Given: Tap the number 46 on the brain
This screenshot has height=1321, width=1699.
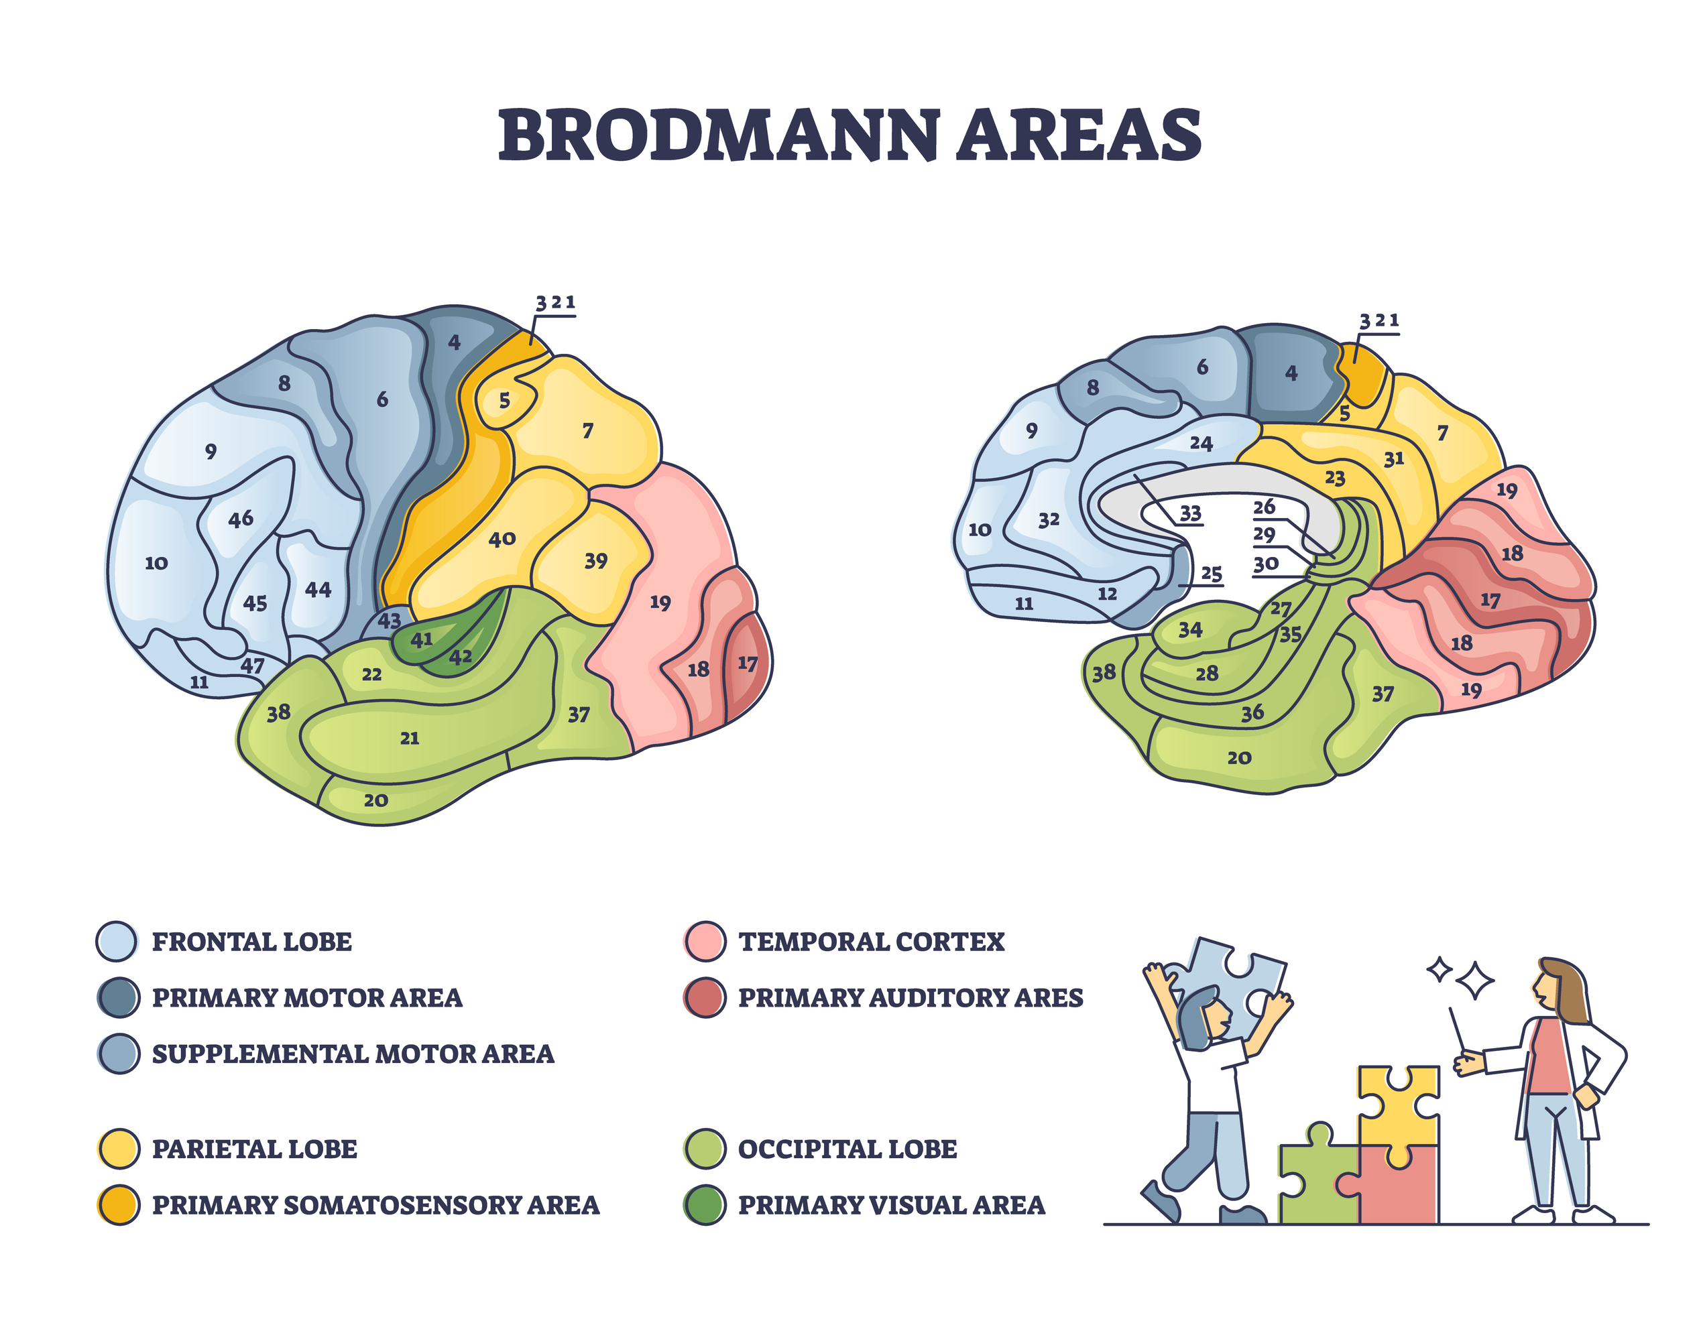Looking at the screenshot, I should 241,519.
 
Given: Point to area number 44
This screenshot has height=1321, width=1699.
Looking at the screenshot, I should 317,590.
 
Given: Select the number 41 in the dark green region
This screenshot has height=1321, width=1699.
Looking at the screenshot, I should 421,640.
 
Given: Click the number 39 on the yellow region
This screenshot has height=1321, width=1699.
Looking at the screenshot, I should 595,560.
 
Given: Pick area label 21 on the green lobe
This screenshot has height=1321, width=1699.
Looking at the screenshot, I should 409,739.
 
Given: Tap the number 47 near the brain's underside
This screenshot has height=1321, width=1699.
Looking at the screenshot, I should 252,666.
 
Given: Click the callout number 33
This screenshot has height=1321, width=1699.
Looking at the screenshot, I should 1190,513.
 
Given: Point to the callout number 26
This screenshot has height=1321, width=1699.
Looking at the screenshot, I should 1263,507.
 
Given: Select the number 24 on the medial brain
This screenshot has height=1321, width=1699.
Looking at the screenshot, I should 1201,443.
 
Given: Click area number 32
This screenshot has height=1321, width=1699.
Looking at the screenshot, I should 1049,519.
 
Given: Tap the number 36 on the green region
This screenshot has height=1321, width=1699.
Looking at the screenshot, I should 1252,712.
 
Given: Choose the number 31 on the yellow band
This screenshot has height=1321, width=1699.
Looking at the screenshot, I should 1393,458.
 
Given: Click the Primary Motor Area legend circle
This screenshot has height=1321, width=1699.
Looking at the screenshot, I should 118,997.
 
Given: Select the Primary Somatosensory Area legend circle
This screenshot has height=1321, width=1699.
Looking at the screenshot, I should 118,1204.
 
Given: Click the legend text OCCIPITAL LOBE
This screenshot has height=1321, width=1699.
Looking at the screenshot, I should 847,1149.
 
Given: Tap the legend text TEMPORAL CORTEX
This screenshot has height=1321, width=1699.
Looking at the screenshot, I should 871,942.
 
